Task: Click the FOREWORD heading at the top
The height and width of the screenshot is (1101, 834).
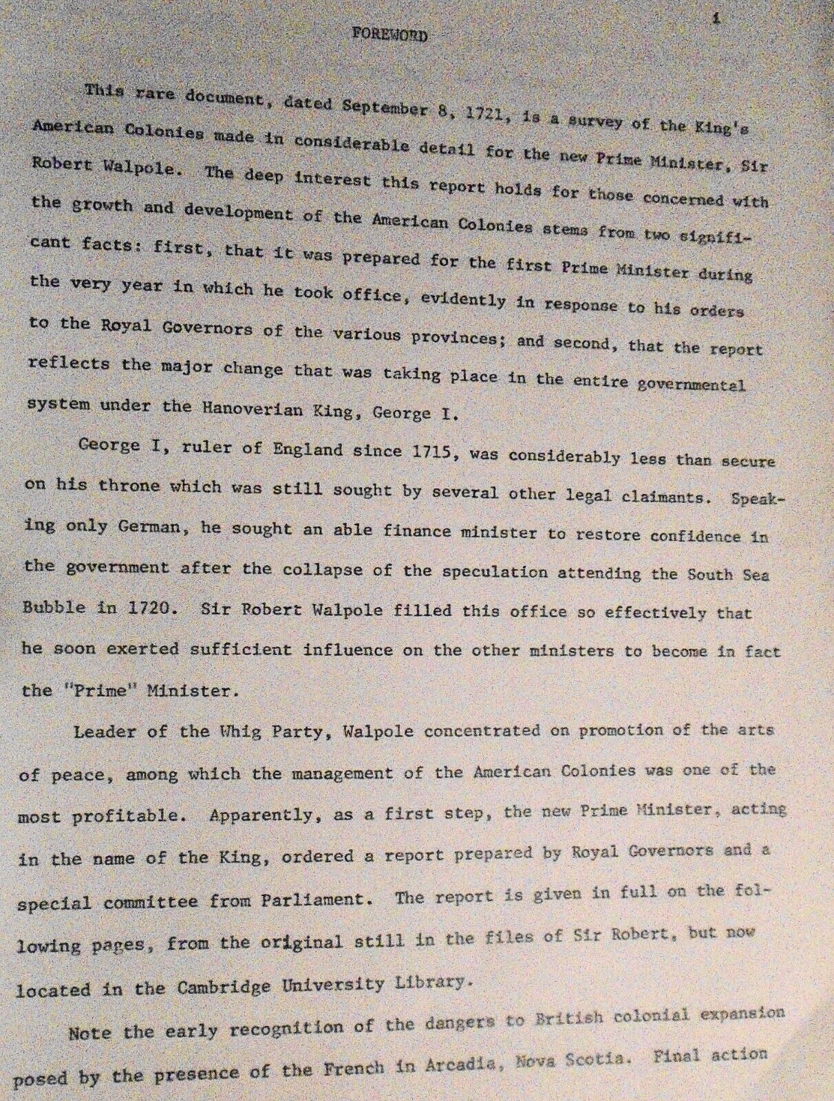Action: pyautogui.click(x=389, y=34)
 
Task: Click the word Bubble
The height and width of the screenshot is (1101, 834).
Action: pyautogui.click(x=54, y=607)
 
